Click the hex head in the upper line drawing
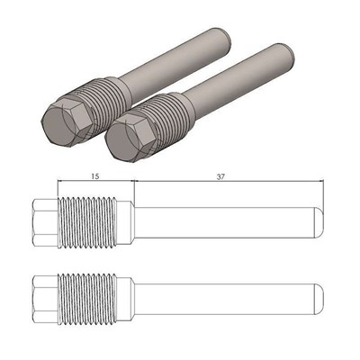(x=42, y=220)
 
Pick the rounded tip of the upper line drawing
(x=318, y=220)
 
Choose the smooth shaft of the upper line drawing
(x=225, y=220)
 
